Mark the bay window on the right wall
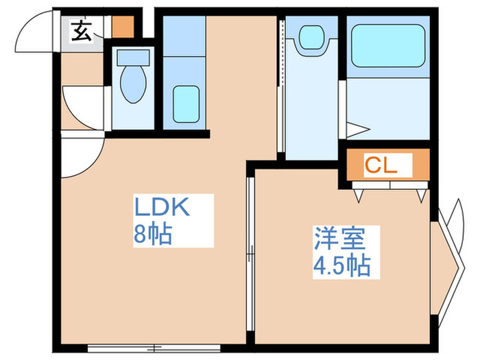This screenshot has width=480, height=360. point(447,261)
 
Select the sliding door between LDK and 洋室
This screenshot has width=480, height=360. point(250,254)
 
